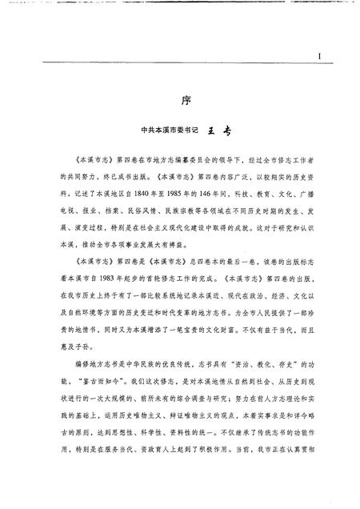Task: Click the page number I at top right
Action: point(318,57)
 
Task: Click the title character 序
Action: point(182,103)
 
